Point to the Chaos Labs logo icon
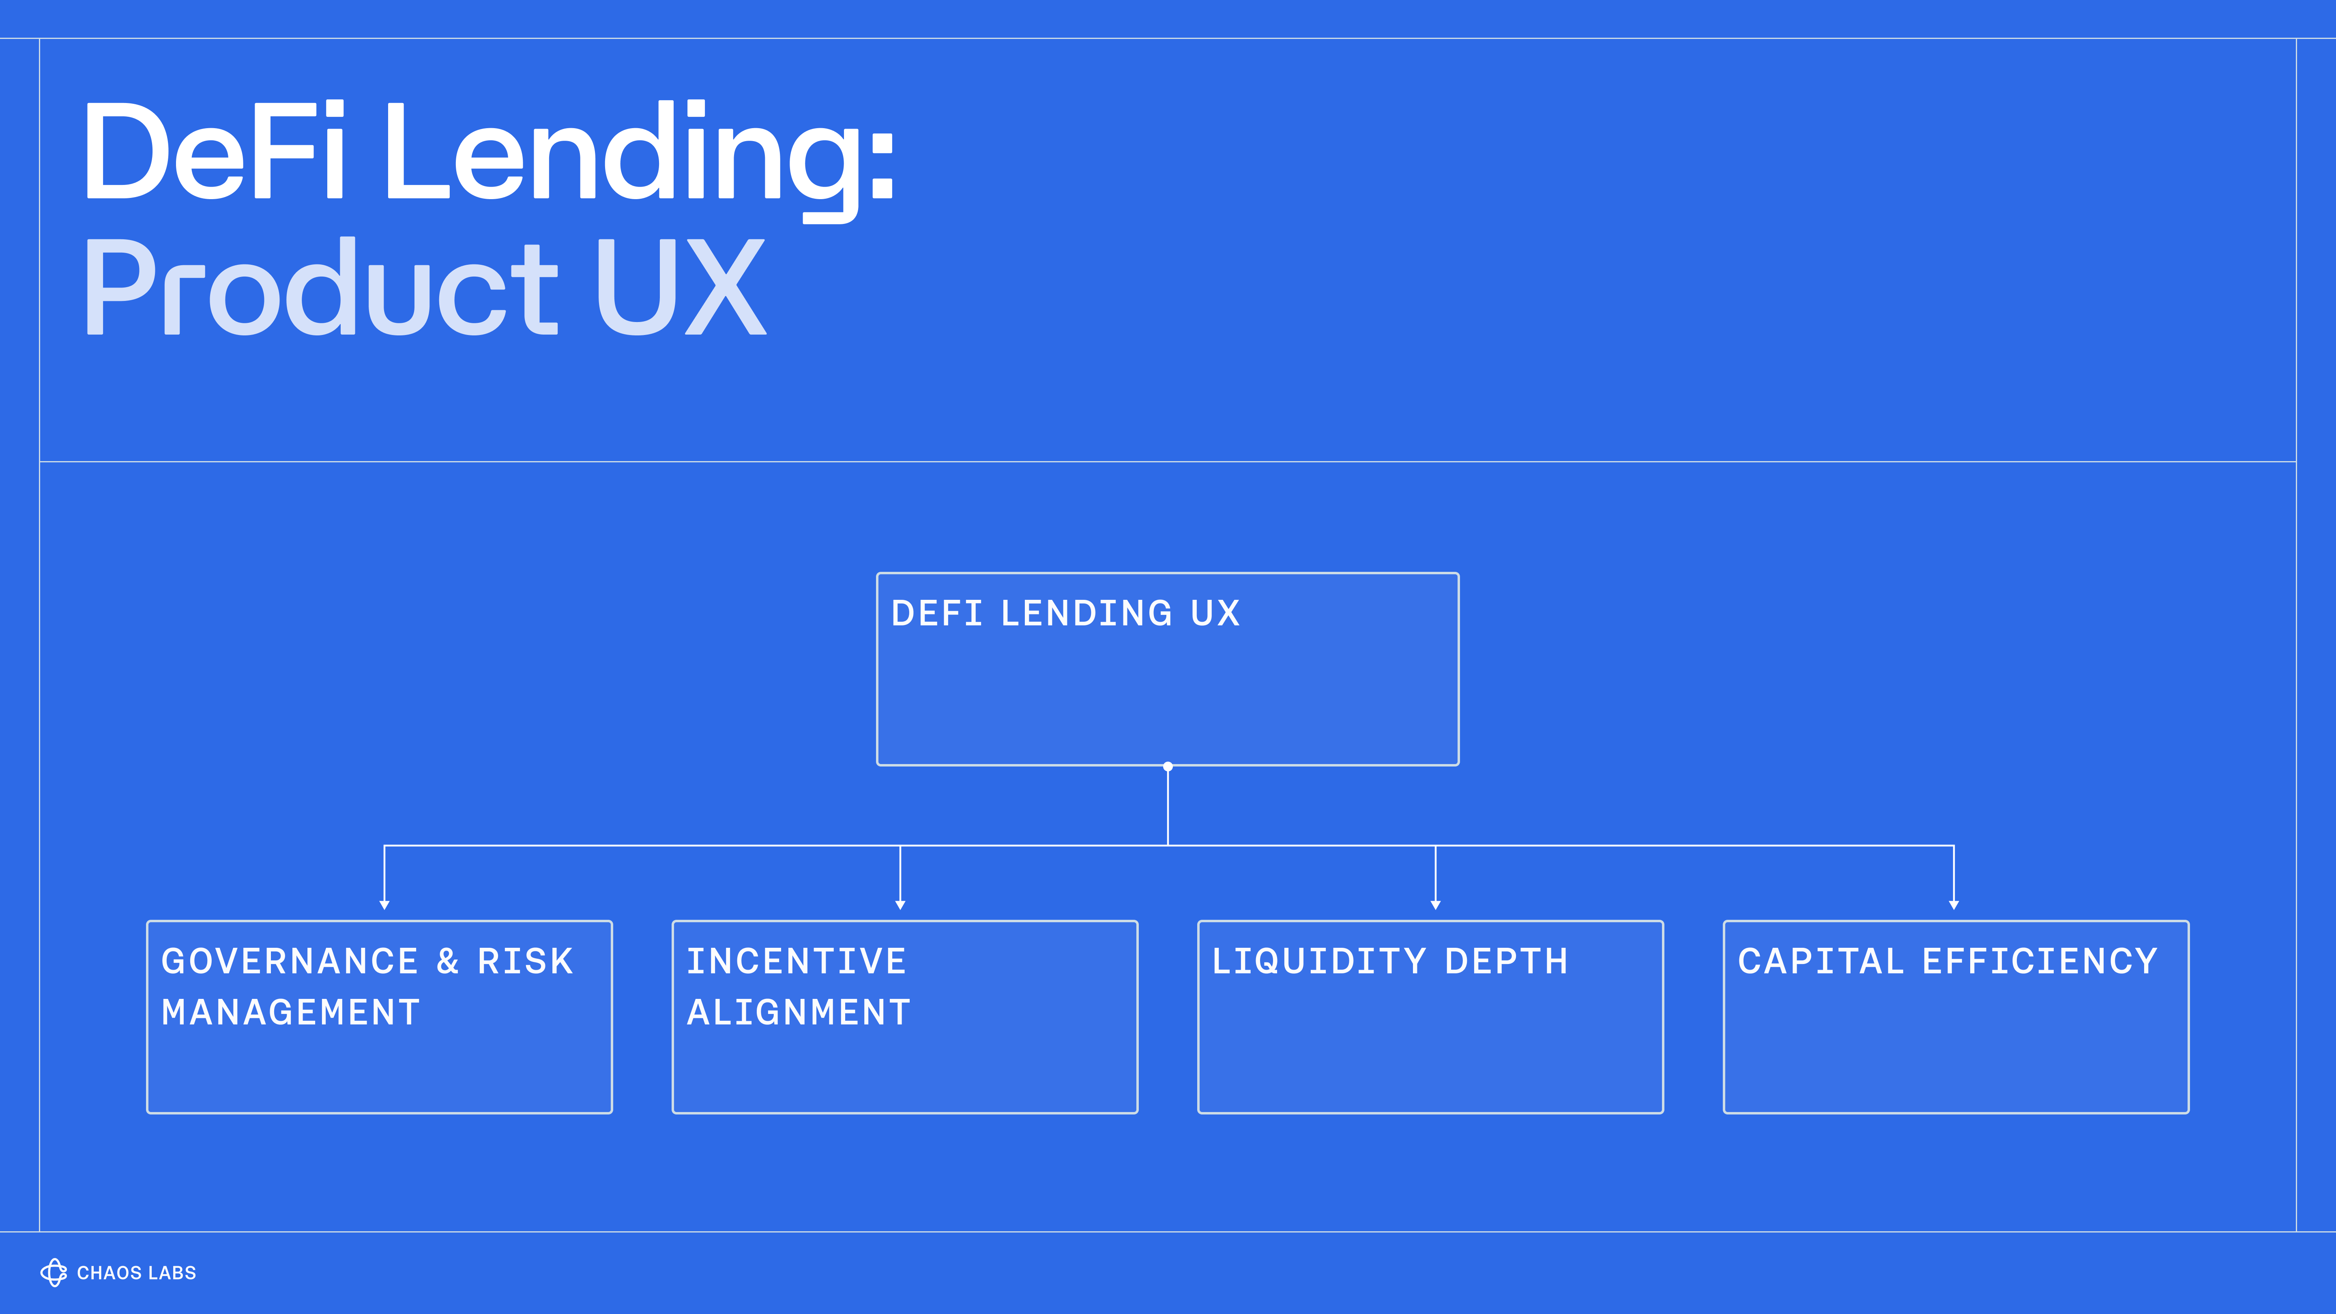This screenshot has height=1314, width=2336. pos(54,1272)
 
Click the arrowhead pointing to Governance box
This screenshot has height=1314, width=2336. pos(384,904)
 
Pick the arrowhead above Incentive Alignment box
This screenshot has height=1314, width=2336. pos(900,904)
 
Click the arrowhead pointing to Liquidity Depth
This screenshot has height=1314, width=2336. pos(1436,904)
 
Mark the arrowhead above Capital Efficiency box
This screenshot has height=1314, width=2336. pos(1954,904)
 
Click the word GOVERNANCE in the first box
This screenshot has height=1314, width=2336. pos(290,961)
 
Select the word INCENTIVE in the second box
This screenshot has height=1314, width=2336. pos(796,961)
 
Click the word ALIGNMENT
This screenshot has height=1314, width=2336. pos(798,1012)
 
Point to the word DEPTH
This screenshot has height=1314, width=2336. pos(1506,961)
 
